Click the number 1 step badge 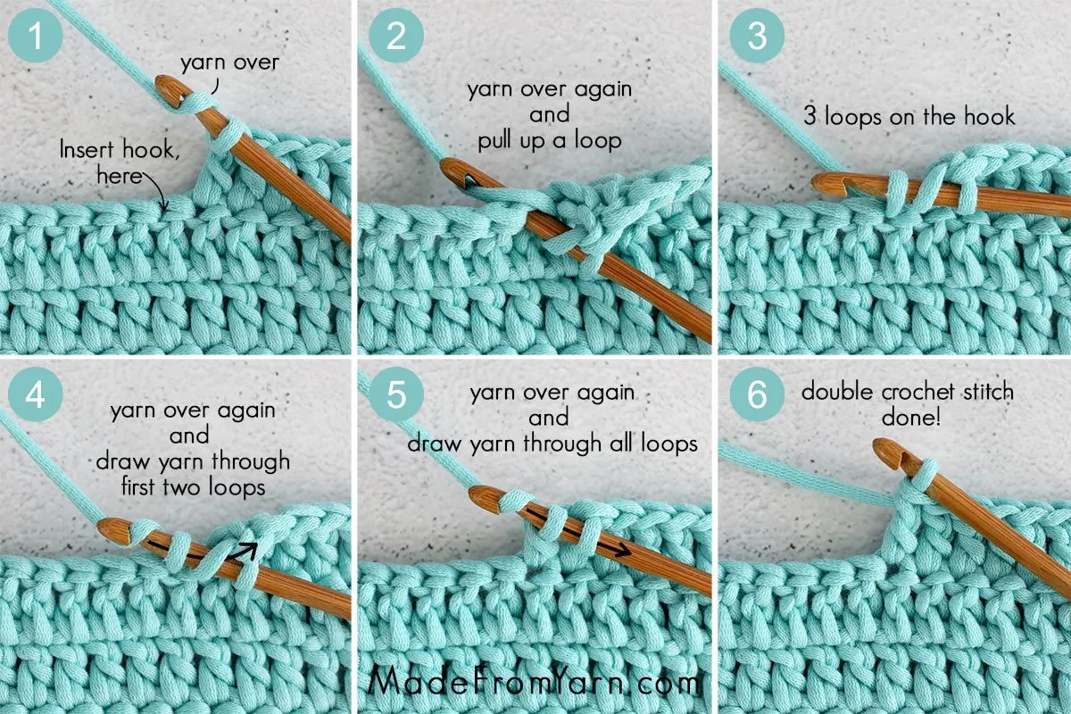click(36, 38)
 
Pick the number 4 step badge click(36, 396)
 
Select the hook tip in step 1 click(166, 86)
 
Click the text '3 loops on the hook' click(907, 116)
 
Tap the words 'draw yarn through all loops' click(552, 443)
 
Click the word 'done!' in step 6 click(907, 416)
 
